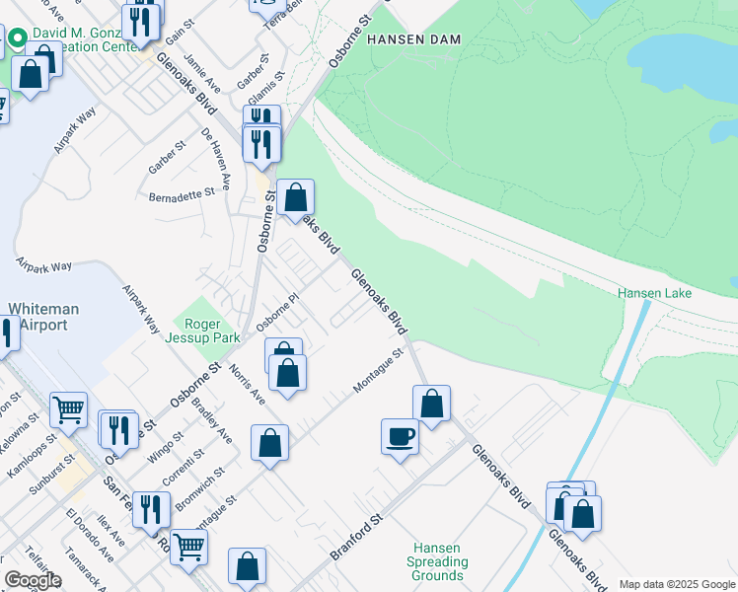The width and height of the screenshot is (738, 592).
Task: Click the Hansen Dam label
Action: (413, 38)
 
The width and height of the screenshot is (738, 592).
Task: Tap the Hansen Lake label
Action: (654, 293)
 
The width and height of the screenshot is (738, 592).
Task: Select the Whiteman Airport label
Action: (38, 317)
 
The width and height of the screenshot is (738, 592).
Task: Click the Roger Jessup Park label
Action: (209, 330)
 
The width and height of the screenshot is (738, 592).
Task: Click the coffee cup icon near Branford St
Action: (401, 437)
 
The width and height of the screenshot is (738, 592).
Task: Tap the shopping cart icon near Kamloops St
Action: (68, 408)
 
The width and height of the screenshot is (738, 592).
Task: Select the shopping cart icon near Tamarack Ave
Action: (188, 544)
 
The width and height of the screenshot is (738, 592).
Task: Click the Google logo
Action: (33, 580)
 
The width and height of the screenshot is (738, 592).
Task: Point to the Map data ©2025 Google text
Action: (676, 584)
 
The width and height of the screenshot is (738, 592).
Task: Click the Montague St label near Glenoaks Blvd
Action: (379, 371)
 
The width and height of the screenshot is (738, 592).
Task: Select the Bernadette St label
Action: (182, 194)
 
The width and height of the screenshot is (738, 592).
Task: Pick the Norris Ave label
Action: (247, 384)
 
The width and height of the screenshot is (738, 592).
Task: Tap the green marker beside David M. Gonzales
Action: (17, 40)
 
